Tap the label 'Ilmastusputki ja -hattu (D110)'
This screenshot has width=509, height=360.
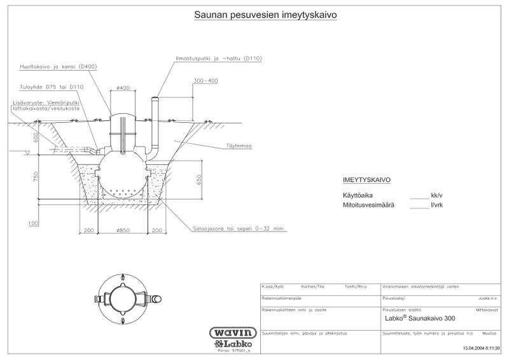point(218,59)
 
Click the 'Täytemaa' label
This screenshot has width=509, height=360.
point(239,146)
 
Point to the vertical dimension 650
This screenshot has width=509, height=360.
point(199,179)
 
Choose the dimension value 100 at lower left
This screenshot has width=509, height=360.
point(33,224)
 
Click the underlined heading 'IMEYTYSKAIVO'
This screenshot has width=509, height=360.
point(366,180)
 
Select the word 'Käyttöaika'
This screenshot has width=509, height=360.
point(358,195)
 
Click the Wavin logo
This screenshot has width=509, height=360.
point(233,333)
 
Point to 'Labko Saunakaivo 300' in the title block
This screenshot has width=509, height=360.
point(420,318)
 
